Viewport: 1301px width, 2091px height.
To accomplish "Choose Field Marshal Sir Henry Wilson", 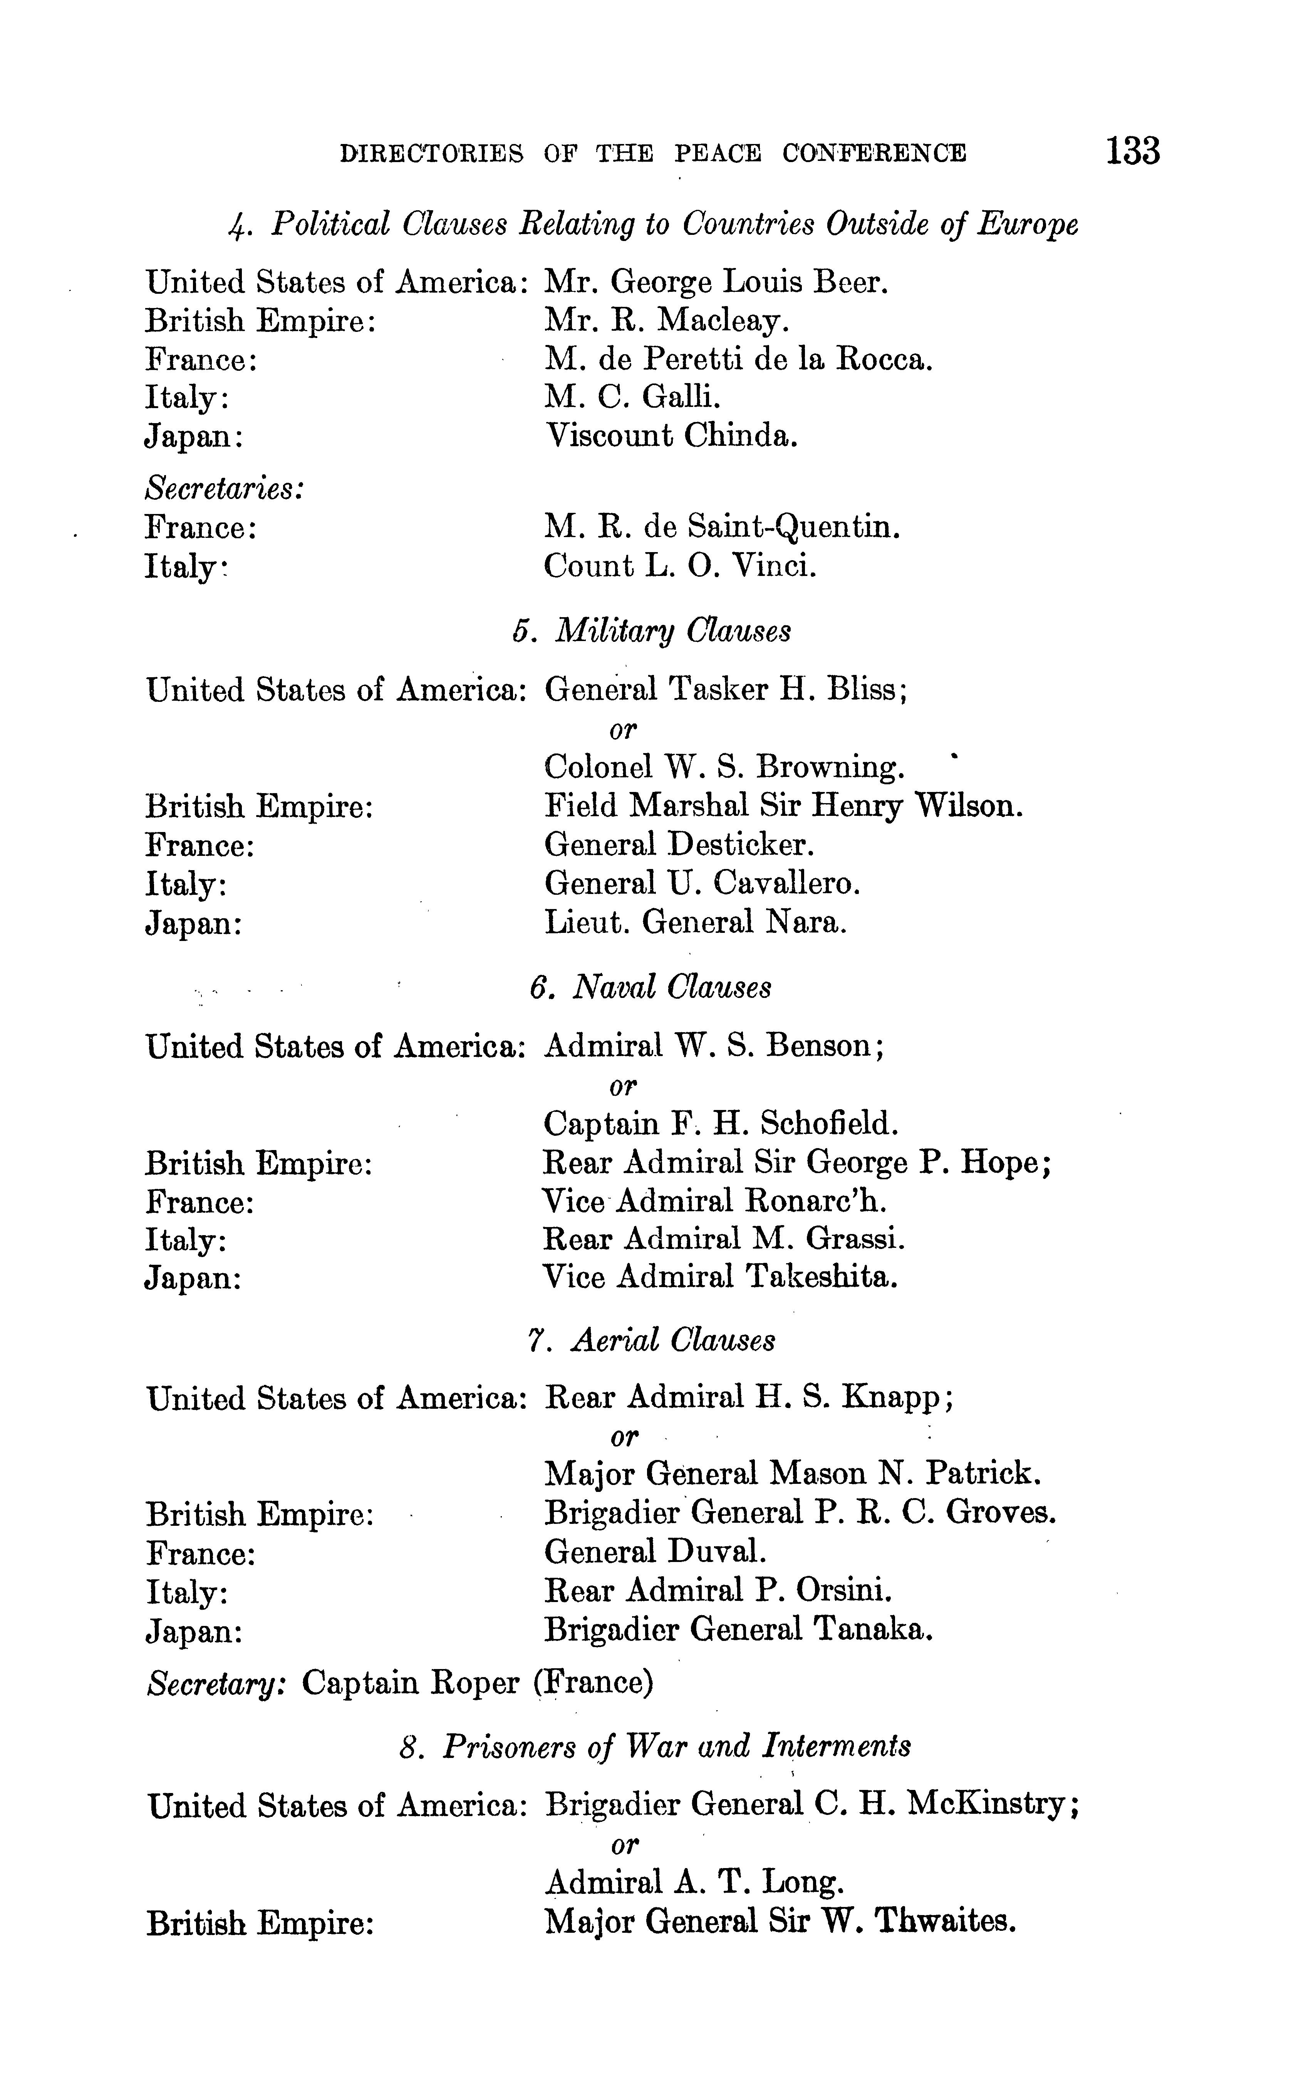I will click(783, 806).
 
